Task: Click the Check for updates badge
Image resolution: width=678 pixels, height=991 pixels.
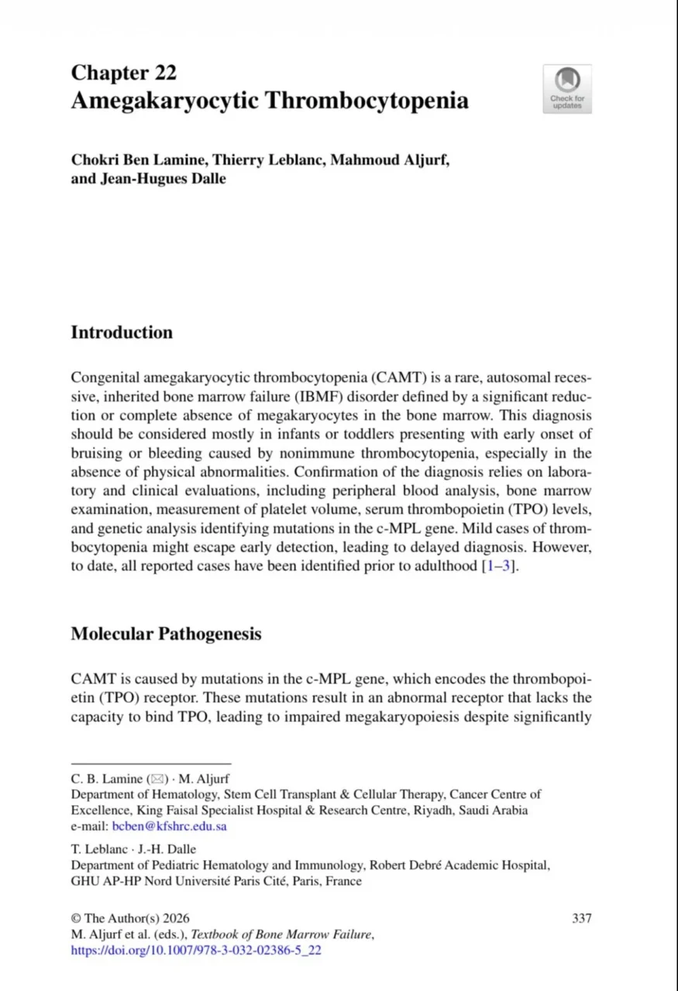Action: coord(567,88)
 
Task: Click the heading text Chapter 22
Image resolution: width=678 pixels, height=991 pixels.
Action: coord(124,73)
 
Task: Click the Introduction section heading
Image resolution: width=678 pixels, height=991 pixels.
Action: coord(122,333)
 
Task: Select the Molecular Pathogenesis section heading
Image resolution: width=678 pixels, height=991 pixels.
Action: coord(166,634)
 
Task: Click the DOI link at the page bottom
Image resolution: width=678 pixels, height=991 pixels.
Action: coord(195,950)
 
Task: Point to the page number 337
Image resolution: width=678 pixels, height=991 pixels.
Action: coord(582,918)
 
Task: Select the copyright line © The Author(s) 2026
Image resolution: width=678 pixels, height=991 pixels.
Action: coord(130,918)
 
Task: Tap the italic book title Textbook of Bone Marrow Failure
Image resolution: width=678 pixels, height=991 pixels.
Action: coord(282,934)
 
